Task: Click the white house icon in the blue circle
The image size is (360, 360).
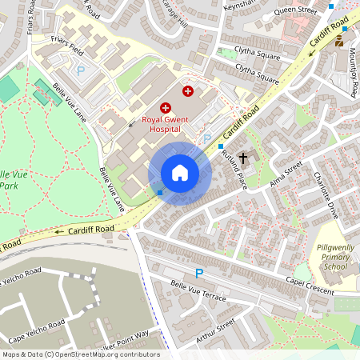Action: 180,173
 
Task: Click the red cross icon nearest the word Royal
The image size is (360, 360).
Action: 166,107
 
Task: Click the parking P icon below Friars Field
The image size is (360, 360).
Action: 79,70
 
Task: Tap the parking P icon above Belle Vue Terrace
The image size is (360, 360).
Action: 199,273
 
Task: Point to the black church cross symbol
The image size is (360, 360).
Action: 242,158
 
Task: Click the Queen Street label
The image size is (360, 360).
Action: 294,11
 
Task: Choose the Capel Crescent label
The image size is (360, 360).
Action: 310,286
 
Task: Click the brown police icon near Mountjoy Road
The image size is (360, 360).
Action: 339,40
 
